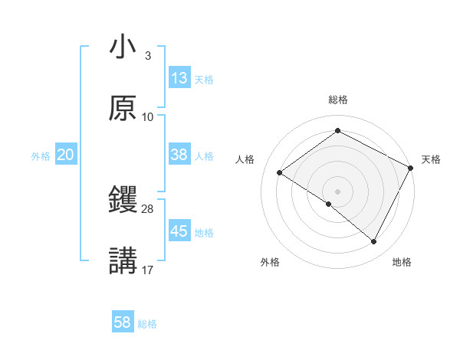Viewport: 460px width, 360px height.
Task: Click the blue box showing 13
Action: click(x=179, y=78)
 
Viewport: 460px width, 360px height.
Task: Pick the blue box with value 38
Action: click(x=179, y=155)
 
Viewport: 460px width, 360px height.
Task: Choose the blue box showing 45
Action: click(x=179, y=231)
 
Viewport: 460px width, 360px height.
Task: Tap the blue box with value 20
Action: click(x=66, y=155)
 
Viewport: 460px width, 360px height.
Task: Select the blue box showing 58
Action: click(x=123, y=322)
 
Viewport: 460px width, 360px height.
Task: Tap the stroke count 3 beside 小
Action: click(x=148, y=56)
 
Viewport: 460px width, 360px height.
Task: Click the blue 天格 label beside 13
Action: click(x=204, y=80)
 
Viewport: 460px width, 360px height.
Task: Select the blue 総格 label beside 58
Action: click(x=147, y=324)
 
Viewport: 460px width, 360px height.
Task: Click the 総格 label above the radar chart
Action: click(x=338, y=100)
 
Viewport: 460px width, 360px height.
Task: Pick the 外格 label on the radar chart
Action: click(x=270, y=262)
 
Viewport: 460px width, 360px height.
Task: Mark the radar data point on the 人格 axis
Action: click(x=280, y=173)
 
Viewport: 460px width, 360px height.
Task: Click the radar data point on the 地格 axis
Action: click(x=374, y=241)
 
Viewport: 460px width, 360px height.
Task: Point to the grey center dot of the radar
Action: click(x=338, y=191)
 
